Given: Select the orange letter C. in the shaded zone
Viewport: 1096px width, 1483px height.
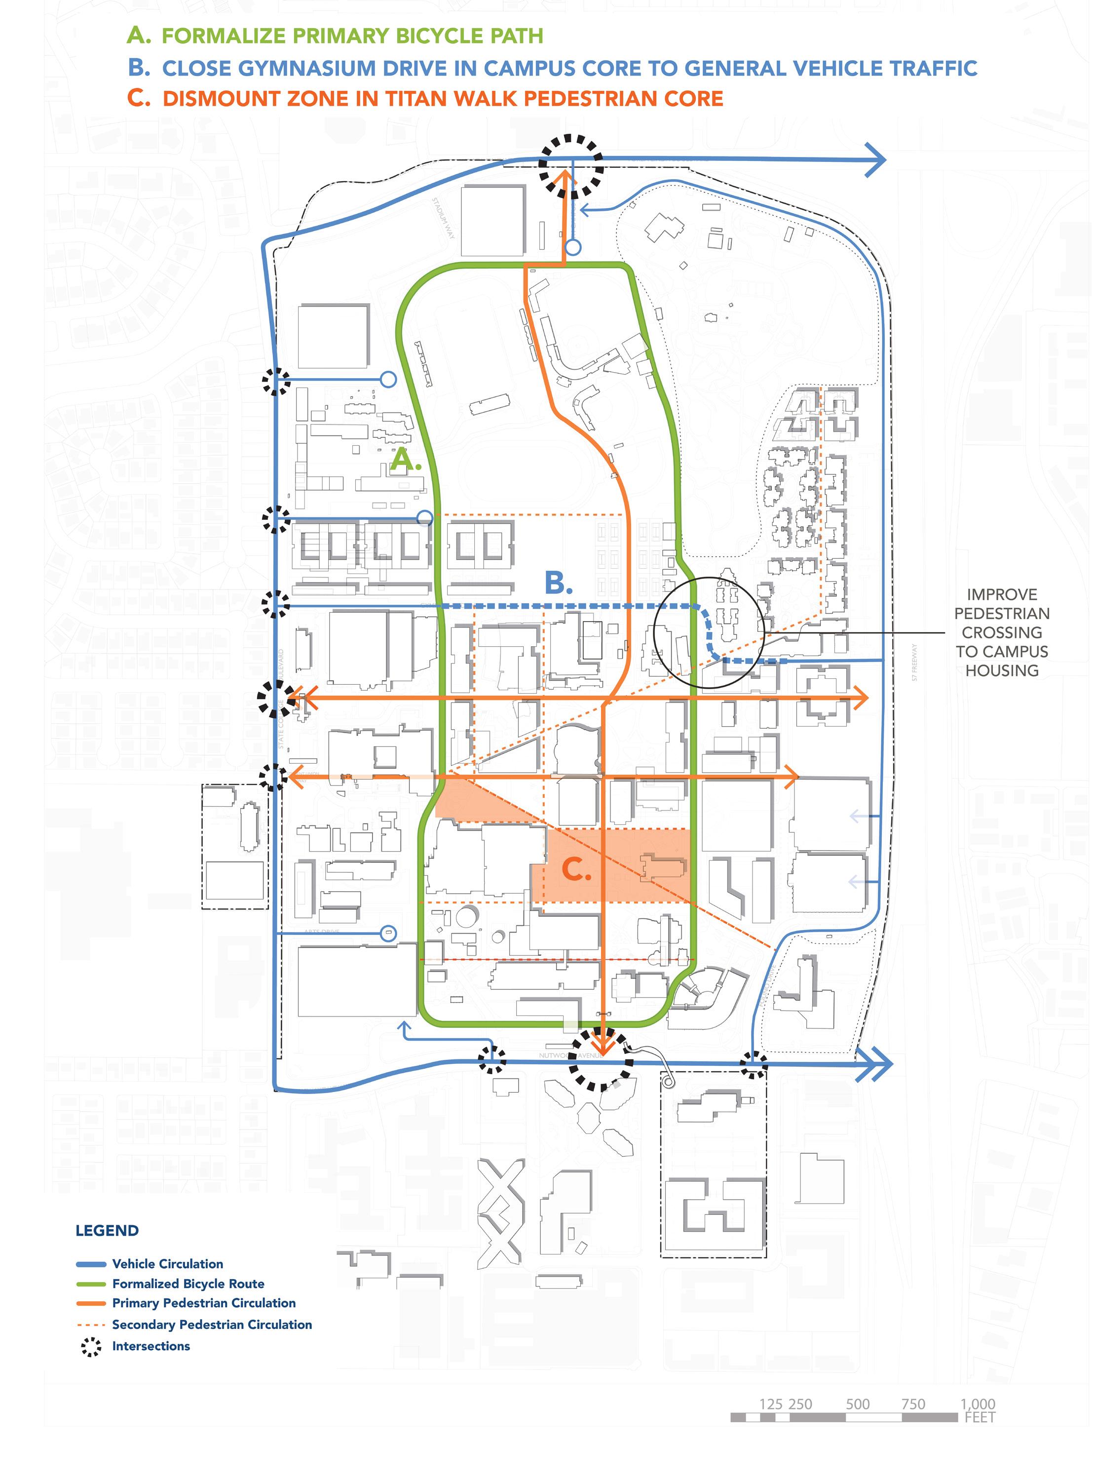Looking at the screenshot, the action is click(x=576, y=870).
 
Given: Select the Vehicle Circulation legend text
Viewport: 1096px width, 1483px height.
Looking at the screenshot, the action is click(x=167, y=1264).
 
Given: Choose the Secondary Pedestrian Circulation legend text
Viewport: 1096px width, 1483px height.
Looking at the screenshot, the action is click(x=212, y=1325).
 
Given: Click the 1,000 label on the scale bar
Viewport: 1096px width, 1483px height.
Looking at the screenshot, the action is click(x=977, y=1404).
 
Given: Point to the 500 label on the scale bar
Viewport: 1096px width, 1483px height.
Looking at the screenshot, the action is click(x=857, y=1404).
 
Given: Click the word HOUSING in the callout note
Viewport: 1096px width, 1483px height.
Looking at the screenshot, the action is click(x=1001, y=670).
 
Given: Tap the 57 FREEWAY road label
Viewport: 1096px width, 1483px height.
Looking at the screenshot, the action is click(x=914, y=662).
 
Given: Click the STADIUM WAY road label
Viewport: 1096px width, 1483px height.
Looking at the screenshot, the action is click(x=444, y=218).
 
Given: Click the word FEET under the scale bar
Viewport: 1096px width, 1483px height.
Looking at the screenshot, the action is click(x=980, y=1417).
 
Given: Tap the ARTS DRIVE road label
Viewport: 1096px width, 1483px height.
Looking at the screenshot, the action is click(x=321, y=932).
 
